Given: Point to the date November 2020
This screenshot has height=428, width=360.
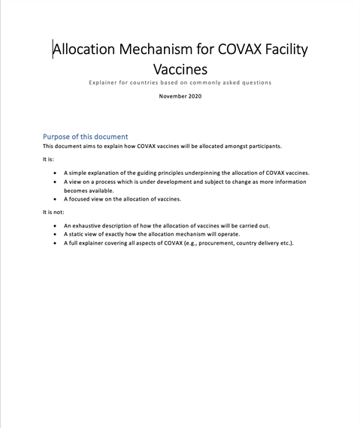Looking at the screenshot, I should click(180, 96).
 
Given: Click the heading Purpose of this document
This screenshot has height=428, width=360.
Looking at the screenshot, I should click(85, 137).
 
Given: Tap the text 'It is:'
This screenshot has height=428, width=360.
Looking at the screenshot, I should click(49, 159).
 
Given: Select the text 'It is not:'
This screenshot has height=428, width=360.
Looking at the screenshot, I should click(53, 212).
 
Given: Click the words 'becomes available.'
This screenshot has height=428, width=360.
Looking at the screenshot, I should click(89, 191).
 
